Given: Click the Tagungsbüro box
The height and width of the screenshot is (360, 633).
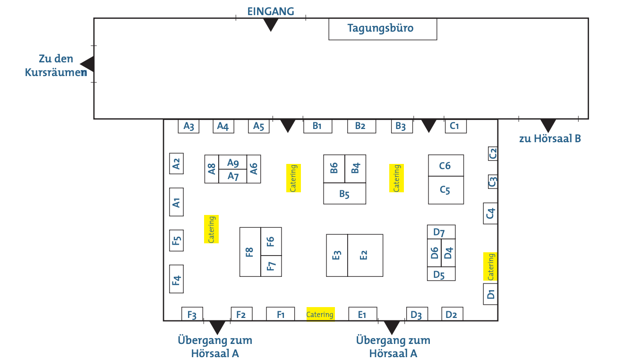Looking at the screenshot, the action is point(383,29).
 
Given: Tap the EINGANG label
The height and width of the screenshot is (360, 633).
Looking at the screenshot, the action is point(271,12).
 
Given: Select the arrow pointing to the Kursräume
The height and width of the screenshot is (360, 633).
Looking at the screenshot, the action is point(87,64).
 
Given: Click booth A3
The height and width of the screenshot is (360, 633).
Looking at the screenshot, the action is point(188,126).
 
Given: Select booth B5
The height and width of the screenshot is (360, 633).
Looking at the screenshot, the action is point(344,194).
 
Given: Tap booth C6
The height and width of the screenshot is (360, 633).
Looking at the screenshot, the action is point(445,165).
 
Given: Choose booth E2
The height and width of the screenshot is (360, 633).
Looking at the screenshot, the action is point(365,255).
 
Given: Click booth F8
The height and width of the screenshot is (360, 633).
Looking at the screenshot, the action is point(250,252).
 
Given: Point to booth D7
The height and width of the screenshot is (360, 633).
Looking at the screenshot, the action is point(441,232).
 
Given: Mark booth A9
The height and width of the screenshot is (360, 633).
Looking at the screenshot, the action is point(232,162).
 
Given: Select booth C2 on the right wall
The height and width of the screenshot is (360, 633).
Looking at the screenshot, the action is point(493,154).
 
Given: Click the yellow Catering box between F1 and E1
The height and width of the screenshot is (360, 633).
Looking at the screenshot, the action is point(320,314).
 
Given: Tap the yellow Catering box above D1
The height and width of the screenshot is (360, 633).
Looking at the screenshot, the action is point(490,266).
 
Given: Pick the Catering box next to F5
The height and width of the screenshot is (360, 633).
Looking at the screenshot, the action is point(211,229).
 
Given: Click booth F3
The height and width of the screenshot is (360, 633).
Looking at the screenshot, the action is point(192,314).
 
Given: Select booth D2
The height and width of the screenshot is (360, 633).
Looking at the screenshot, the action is point(452,314).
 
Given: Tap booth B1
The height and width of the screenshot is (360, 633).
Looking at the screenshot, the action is point(317,126).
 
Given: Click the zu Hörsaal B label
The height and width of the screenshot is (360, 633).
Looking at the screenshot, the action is point(550,139).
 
